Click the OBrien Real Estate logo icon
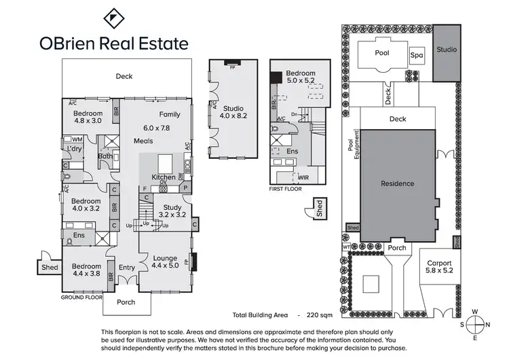[113, 18]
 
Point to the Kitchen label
[163, 177]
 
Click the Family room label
[170, 115]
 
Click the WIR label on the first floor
[303, 177]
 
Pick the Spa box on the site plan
[416, 56]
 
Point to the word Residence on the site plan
[397, 183]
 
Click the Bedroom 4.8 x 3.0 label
[88, 117]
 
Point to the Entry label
[127, 268]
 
